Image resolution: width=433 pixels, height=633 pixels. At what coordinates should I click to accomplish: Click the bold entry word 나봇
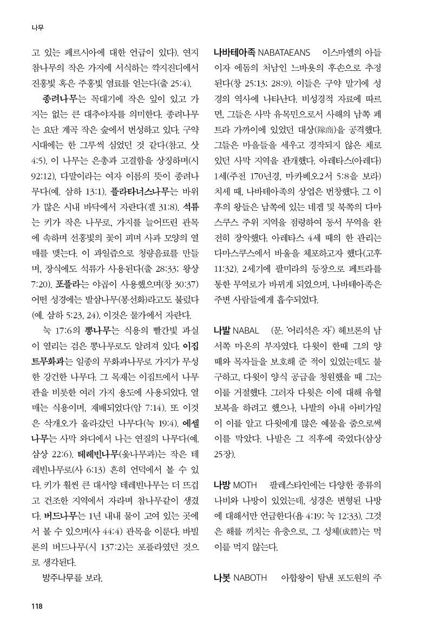[222, 578]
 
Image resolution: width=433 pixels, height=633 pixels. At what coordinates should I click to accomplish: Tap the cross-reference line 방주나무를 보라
[72, 578]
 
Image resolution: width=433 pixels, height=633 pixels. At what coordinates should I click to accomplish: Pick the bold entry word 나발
[222, 330]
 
